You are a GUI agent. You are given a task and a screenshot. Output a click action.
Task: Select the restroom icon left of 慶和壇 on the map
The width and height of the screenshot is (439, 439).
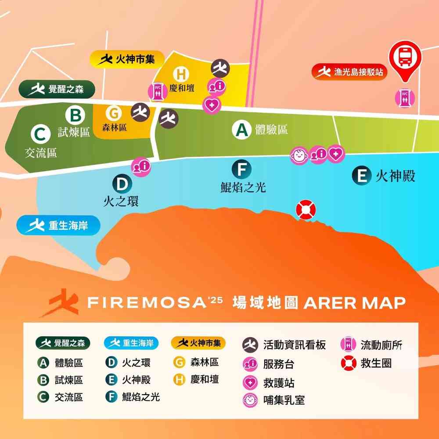tap(158, 90)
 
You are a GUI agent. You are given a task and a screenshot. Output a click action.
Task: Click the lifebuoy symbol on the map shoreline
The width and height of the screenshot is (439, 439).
tap(306, 210)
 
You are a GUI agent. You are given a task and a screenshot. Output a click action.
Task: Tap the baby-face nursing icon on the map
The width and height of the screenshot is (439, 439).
tap(299, 155)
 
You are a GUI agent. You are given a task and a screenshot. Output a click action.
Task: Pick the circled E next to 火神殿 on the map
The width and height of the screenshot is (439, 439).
tap(362, 176)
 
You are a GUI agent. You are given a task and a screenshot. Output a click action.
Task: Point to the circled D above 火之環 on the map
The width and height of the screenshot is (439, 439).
tap(122, 184)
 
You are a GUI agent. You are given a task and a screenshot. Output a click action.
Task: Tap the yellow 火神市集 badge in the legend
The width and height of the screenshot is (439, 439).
tap(198, 343)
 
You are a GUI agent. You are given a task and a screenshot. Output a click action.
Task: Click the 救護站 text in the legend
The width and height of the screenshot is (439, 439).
tap(279, 382)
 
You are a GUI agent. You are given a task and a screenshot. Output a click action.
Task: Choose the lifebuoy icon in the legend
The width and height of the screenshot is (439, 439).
tap(348, 363)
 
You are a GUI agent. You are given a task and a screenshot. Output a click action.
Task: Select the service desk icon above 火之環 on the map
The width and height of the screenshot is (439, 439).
tap(141, 166)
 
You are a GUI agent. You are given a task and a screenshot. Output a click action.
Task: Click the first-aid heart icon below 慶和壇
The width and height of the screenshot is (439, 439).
tap(212, 105)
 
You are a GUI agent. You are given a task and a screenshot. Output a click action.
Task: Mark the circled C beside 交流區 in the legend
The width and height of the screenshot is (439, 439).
tap(43, 397)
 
